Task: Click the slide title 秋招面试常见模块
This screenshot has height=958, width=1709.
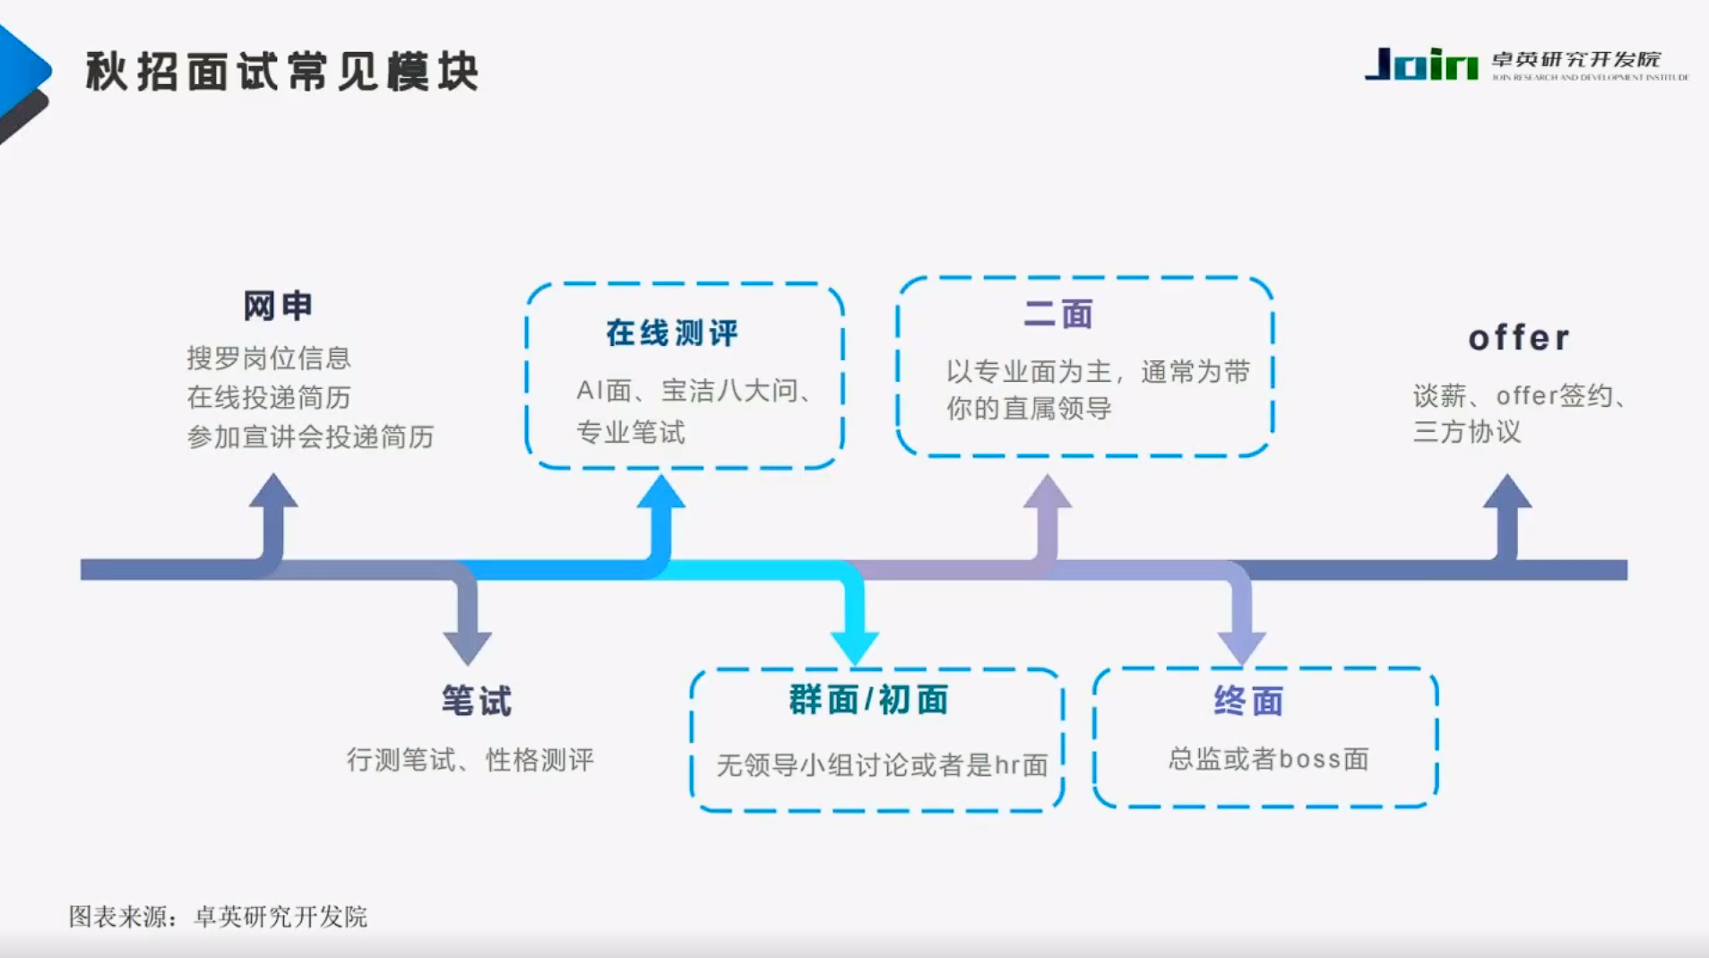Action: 282,72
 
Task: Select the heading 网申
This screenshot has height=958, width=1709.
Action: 278,306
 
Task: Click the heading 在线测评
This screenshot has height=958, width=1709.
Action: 672,333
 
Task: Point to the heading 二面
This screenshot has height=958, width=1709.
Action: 1058,315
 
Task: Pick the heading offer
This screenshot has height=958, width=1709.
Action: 1519,339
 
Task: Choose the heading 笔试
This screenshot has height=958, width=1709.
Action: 476,701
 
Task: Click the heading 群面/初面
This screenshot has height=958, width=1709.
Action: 868,700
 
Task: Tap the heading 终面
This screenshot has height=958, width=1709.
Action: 1248,701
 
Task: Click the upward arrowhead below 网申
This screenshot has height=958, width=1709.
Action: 273,493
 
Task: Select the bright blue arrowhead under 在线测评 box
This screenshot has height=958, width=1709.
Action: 661,494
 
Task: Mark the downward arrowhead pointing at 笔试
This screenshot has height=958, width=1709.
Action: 467,645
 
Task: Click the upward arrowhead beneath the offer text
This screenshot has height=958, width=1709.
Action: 1507,493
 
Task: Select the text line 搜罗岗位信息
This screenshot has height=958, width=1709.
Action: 268,358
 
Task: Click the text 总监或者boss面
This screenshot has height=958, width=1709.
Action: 1268,760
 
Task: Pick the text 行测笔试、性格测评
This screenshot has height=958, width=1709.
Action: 470,761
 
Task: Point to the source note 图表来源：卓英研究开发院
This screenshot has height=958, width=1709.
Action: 218,917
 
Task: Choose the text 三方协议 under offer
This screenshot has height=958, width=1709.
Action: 1467,432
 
